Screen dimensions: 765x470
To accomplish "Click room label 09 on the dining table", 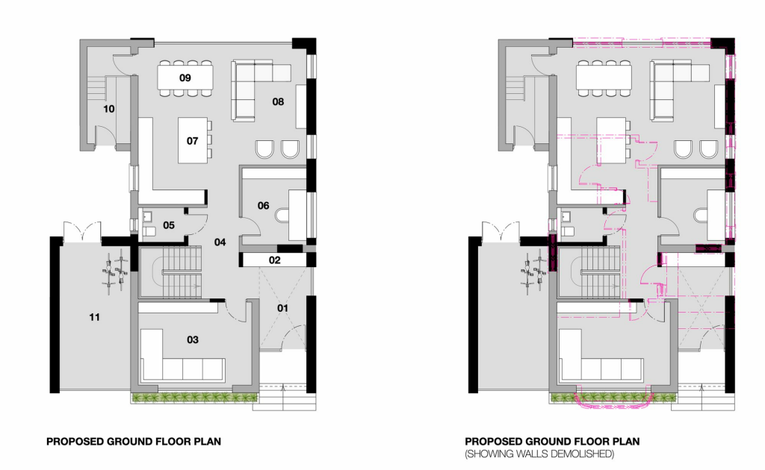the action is [x=185, y=78].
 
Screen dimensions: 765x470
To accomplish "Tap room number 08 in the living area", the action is [x=278, y=101].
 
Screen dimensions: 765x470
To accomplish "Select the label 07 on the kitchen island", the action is [x=193, y=141].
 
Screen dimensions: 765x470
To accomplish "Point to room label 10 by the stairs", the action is [x=109, y=109].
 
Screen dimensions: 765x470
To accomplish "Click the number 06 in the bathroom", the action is [x=264, y=206].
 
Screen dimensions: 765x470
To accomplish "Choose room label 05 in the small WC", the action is [x=169, y=225].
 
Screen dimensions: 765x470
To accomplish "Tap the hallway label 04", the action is [x=220, y=242].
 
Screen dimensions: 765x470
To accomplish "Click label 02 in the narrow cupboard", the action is [x=275, y=260].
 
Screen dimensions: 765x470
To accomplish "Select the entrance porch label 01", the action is [x=283, y=308].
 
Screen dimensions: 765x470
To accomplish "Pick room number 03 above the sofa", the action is [x=193, y=339].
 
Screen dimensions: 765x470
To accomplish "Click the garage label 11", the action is [x=95, y=317].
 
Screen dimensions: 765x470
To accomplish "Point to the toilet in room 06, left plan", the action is [x=282, y=216].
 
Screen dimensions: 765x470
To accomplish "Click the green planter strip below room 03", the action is [x=194, y=398].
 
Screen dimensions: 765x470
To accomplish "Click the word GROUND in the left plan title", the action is [x=130, y=442].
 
